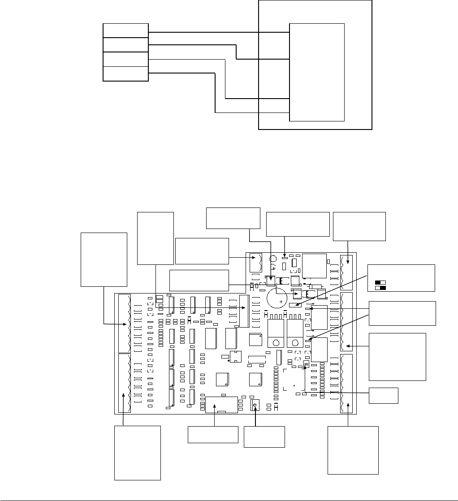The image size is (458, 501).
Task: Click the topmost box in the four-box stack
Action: tap(125, 30)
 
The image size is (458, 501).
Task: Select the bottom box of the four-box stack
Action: tap(125, 74)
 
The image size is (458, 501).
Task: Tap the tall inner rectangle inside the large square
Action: tap(317, 72)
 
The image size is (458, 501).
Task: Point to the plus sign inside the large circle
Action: tap(281, 302)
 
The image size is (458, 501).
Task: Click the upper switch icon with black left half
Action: tap(380, 283)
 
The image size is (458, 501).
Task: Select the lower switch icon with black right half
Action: tap(380, 288)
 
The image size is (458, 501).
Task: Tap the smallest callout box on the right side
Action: tap(383, 395)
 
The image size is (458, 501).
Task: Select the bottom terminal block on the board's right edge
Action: tap(346, 384)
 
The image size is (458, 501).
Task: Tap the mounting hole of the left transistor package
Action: tap(273, 343)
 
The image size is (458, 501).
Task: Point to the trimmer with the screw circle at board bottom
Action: tap(255, 406)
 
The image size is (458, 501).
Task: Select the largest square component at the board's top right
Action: tap(314, 266)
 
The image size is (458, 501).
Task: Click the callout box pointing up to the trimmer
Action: tap(264, 436)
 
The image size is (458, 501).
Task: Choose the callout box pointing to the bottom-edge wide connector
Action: tap(212, 435)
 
